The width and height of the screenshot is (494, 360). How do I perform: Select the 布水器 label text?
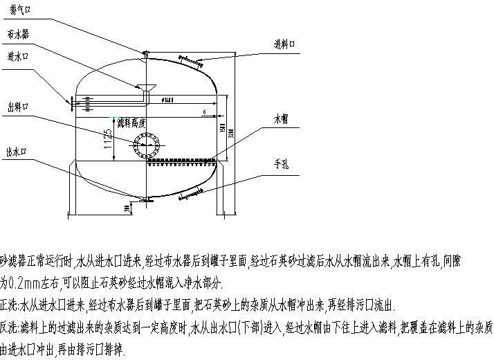(17, 33)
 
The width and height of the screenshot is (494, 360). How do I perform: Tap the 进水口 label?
(17, 56)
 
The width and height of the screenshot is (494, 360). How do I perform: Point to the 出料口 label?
(17, 107)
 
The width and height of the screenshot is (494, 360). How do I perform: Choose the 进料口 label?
(284, 44)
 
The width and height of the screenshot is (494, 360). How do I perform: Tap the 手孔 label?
(281, 165)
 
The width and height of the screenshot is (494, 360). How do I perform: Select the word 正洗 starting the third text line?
(9, 305)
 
